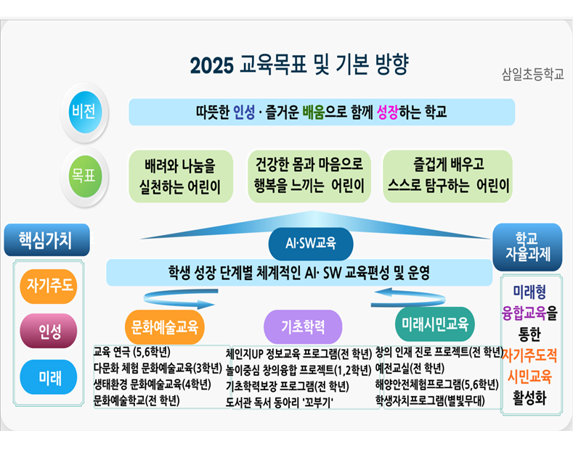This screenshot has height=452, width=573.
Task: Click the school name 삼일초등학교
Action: (x=532, y=74)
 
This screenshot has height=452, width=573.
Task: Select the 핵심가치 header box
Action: (x=46, y=239)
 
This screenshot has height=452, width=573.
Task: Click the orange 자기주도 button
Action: (x=49, y=285)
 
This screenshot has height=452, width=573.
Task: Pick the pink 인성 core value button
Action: (x=49, y=331)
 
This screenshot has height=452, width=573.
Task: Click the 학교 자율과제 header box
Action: (x=527, y=246)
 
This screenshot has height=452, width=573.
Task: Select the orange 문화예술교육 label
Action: (x=161, y=324)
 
